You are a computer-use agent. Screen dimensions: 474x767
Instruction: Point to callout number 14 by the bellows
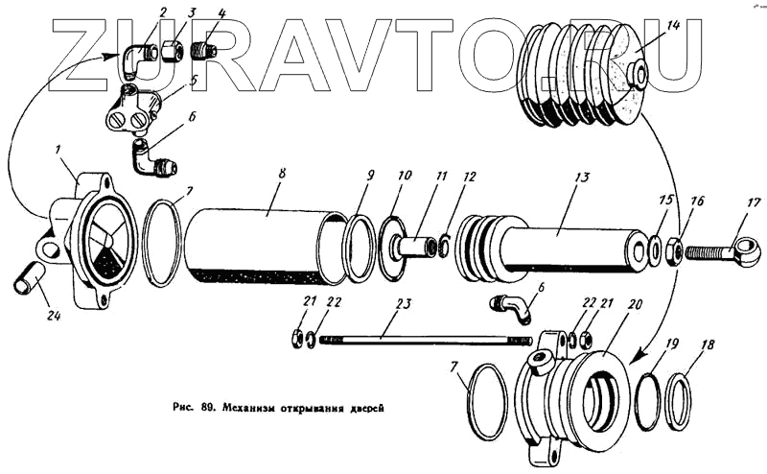click(x=674, y=27)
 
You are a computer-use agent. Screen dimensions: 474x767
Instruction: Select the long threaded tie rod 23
click(x=422, y=338)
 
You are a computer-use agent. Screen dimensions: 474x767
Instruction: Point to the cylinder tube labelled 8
click(x=259, y=245)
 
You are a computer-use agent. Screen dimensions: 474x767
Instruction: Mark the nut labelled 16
click(x=674, y=250)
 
